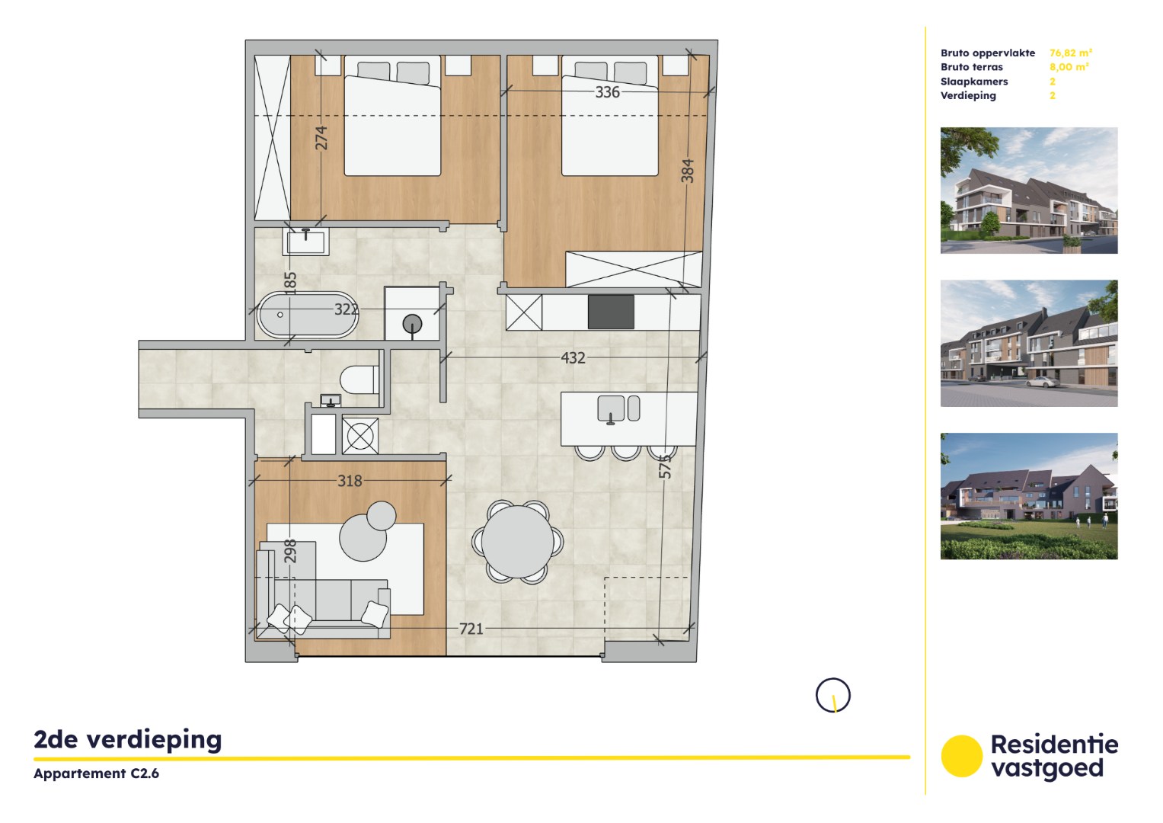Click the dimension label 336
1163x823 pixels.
[607, 92]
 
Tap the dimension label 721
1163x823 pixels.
[471, 629]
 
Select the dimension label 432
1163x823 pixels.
[573, 357]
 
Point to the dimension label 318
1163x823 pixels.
[350, 481]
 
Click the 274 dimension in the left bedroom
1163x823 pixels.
[321, 138]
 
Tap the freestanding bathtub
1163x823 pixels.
[307, 315]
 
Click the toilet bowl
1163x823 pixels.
[359, 379]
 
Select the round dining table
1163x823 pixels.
[517, 542]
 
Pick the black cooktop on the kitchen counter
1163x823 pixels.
[611, 312]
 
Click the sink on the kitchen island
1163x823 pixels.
[611, 408]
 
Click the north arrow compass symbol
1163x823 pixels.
[832, 696]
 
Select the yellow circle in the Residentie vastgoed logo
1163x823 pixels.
[961, 756]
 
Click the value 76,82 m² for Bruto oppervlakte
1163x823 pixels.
[1070, 53]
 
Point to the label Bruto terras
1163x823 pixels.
[971, 67]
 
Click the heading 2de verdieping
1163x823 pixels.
[128, 739]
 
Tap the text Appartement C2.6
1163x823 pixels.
[96, 773]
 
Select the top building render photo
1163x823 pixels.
[1028, 191]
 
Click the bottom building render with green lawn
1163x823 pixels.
[1028, 496]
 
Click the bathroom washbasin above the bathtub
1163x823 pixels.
[306, 242]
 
